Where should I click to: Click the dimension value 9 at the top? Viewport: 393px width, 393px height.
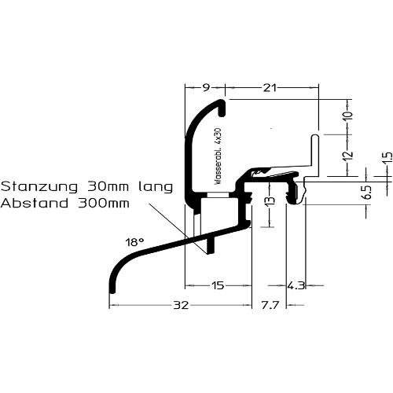(x=206, y=87)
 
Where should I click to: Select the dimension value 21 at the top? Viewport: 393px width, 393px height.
(x=270, y=88)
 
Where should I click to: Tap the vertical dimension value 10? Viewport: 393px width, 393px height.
(x=348, y=116)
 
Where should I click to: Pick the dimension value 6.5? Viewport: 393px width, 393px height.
(x=368, y=193)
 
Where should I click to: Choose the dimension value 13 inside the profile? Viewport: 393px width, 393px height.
(x=270, y=200)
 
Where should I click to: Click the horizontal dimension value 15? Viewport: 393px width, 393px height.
(x=217, y=285)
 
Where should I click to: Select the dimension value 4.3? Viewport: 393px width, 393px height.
(x=296, y=285)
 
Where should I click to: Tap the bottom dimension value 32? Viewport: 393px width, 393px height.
(x=181, y=305)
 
